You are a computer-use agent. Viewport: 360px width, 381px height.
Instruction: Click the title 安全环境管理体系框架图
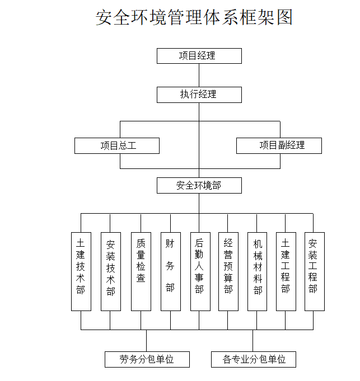pyautogui.click(x=194, y=17)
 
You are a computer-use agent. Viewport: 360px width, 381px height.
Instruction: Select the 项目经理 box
pyautogui.click(x=199, y=56)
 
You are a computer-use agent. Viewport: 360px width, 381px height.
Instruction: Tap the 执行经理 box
pyautogui.click(x=199, y=95)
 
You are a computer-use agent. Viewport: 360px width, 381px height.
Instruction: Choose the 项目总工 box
pyautogui.click(x=117, y=146)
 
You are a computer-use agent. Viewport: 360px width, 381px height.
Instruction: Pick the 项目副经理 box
pyautogui.click(x=279, y=145)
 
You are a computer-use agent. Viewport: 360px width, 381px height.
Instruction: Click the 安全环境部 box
pyautogui.click(x=199, y=185)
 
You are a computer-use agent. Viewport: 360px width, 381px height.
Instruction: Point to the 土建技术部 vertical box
pyautogui.click(x=81, y=271)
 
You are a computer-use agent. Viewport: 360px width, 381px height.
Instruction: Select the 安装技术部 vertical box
pyautogui.click(x=110, y=271)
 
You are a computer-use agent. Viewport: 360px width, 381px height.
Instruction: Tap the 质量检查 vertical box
pyautogui.click(x=141, y=271)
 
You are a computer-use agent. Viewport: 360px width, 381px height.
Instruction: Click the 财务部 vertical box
pyautogui.click(x=170, y=271)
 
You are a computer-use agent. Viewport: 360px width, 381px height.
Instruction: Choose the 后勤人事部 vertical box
pyautogui.click(x=199, y=271)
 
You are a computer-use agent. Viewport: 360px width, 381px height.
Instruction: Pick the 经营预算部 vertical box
pyautogui.click(x=228, y=271)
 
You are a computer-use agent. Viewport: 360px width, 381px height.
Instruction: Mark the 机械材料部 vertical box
pyautogui.click(x=258, y=271)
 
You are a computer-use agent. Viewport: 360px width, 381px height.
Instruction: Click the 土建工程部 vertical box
pyautogui.click(x=286, y=271)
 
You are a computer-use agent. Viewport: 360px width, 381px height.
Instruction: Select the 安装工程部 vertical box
pyautogui.click(x=314, y=271)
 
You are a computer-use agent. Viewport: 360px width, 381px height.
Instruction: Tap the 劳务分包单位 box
pyautogui.click(x=147, y=359)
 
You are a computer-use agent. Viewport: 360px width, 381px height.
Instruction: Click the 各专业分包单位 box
pyautogui.click(x=253, y=359)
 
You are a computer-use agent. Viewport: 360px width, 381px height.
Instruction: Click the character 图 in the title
pyautogui.click(x=284, y=17)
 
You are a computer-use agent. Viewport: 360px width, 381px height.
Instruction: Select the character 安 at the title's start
pyautogui.click(x=104, y=17)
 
